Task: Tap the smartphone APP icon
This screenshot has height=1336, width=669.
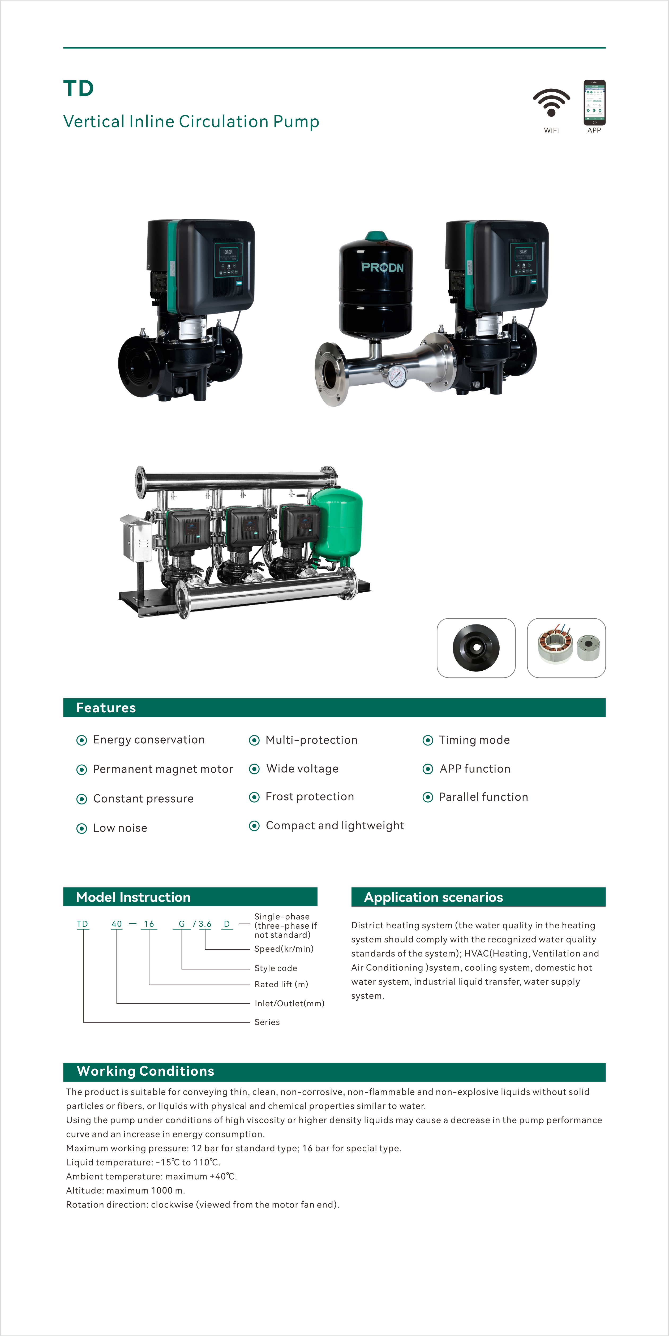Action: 594,103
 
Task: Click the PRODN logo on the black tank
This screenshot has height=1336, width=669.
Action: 382,268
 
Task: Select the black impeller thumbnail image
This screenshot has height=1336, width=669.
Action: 476,648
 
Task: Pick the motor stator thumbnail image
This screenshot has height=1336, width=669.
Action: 566,648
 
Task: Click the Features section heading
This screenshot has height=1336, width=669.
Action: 106,708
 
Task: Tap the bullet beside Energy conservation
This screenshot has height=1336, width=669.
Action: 82,740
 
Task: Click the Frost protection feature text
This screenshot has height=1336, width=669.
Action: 310,797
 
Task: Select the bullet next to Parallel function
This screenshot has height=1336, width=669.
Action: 428,797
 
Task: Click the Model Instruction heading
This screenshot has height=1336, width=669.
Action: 133,897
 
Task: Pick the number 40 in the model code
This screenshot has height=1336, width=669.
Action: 117,924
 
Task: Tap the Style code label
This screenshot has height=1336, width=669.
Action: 275,968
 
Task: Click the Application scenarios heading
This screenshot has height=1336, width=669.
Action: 434,897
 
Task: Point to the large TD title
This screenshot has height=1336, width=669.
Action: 78,89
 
